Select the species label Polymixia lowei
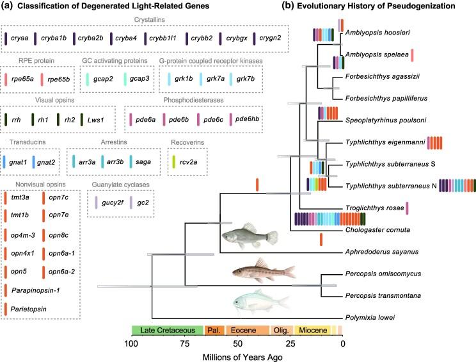(x=369, y=317)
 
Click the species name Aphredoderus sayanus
(x=378, y=252)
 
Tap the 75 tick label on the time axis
(x=185, y=344)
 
